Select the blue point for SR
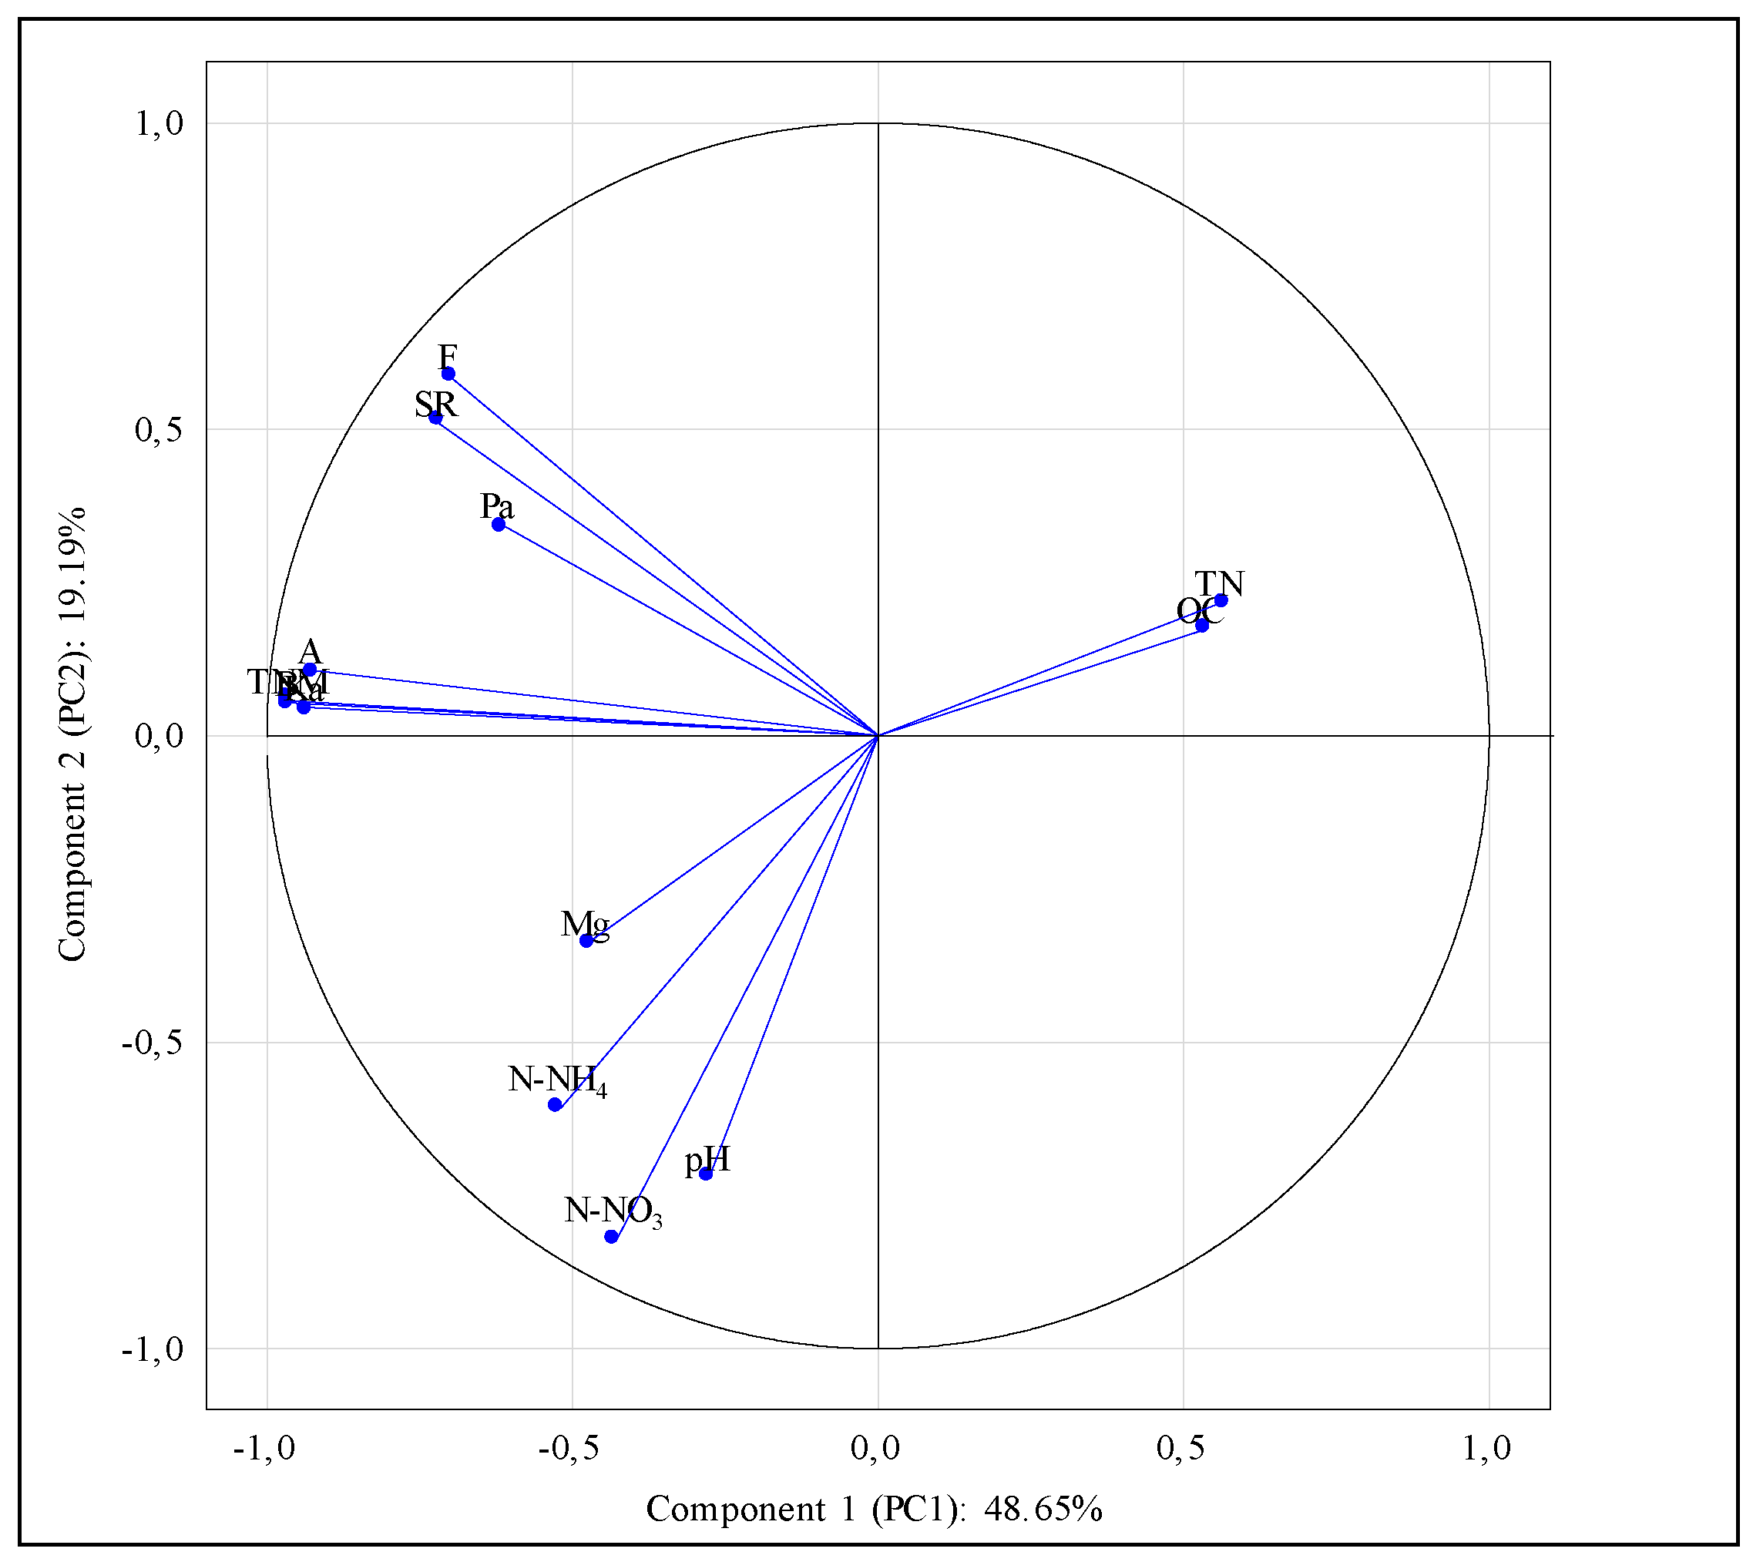coord(435,418)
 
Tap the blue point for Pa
coord(499,524)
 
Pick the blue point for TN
coord(1221,601)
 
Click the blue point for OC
coord(1202,626)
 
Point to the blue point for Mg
coord(586,941)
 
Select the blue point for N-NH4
coord(555,1104)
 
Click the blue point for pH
coord(705,1173)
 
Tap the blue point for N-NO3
coord(611,1237)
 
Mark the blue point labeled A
coord(310,670)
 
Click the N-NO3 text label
coord(613,1211)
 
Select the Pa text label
coord(497,506)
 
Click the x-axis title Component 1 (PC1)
coord(874,1509)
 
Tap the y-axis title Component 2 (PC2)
coord(72,734)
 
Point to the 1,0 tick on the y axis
coord(159,123)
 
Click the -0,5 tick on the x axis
coord(568,1449)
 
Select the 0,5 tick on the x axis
coord(1180,1449)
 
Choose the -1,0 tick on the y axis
coord(152,1349)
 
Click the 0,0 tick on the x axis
coord(875,1449)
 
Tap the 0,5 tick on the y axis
coord(159,430)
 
